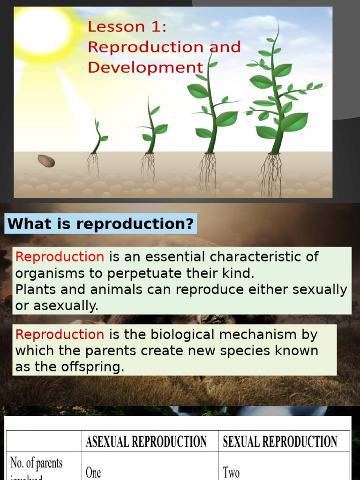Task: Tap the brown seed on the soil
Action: click(x=46, y=161)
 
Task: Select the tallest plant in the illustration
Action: click(x=279, y=94)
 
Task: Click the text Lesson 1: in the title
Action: click(x=127, y=27)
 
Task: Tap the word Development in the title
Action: click(x=145, y=67)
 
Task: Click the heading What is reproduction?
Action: click(x=101, y=224)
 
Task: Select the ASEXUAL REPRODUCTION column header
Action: click(x=146, y=441)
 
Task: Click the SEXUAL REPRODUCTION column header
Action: click(x=280, y=441)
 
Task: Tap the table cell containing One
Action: click(x=93, y=472)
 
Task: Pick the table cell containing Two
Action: click(x=231, y=472)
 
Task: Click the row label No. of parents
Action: click(x=37, y=463)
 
